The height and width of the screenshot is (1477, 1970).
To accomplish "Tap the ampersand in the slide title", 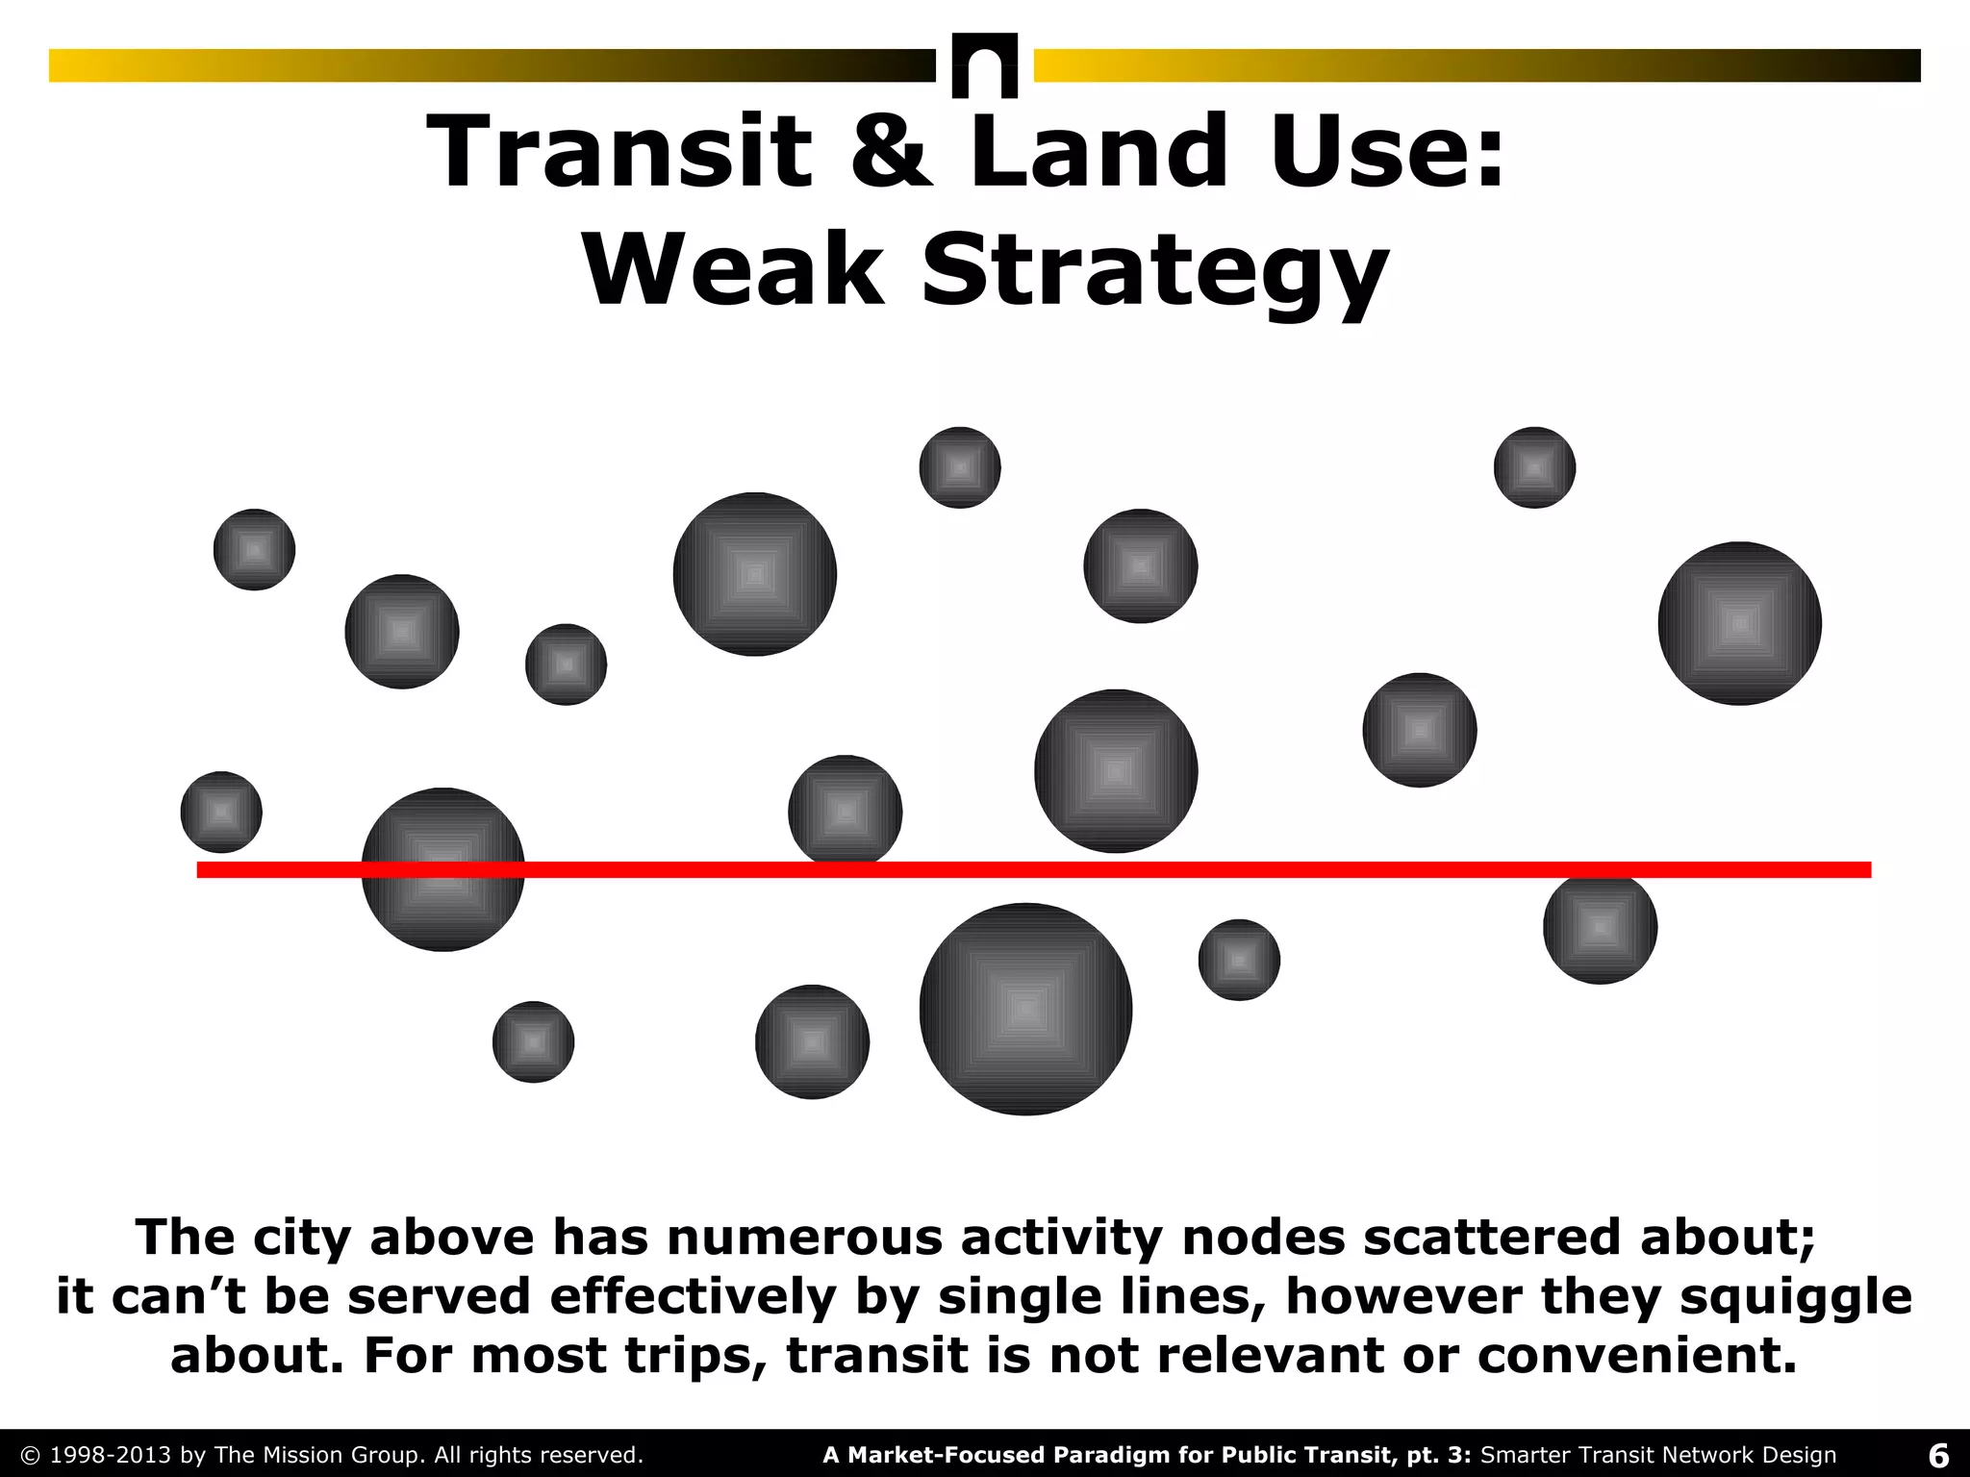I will point(891,152).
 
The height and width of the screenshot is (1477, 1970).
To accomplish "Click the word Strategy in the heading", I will point(1154,271).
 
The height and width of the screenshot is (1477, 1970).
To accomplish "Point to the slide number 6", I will point(1938,1455).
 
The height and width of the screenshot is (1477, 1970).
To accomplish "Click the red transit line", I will point(1347,869).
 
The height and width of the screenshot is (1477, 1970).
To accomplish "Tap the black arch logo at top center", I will point(984,65).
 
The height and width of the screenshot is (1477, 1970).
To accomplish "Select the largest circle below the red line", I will point(1025,1009).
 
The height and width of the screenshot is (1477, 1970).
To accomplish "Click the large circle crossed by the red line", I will point(442,869).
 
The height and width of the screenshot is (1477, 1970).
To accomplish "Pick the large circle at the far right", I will point(1739,623).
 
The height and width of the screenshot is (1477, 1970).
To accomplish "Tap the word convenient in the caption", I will point(1636,1355).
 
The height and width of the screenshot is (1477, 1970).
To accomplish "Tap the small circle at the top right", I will point(1534,467).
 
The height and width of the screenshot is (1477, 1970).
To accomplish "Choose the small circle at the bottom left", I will point(533,1041).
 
